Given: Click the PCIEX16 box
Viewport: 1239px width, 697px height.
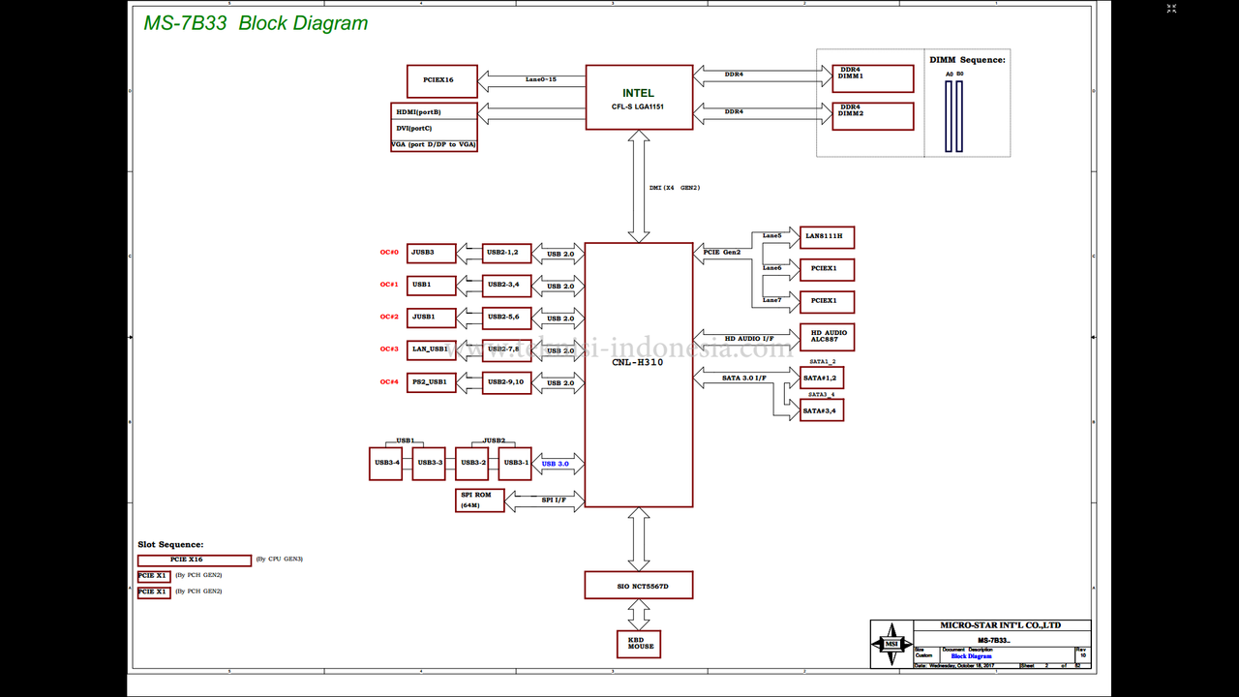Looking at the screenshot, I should [441, 79].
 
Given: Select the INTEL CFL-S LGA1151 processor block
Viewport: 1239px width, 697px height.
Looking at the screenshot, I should [639, 97].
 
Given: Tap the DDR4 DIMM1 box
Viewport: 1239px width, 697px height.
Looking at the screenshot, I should [872, 78].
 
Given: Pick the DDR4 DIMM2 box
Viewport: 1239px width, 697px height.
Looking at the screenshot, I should [872, 116].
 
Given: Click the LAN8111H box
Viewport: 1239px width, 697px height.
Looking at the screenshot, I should [827, 236].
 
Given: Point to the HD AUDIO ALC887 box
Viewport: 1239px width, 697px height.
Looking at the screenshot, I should [827, 337].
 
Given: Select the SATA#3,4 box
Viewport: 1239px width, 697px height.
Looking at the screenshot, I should [822, 410].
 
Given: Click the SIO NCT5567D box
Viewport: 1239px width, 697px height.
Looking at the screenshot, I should [639, 585].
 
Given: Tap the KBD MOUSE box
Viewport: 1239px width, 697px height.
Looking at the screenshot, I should [639, 644].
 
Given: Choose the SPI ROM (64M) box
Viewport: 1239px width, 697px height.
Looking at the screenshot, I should [479, 500].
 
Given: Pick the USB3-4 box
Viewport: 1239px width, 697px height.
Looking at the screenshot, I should [386, 463].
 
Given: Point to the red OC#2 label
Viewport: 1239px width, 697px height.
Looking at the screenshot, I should [389, 318].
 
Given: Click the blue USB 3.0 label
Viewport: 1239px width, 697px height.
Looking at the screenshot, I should [556, 465].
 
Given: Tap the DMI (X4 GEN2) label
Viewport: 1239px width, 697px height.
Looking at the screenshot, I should [674, 187].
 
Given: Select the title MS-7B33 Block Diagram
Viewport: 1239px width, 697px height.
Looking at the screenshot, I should [256, 23].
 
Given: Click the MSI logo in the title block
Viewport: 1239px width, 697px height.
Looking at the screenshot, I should [891, 644].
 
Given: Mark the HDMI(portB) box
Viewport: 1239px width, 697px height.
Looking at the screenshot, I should [434, 111].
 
